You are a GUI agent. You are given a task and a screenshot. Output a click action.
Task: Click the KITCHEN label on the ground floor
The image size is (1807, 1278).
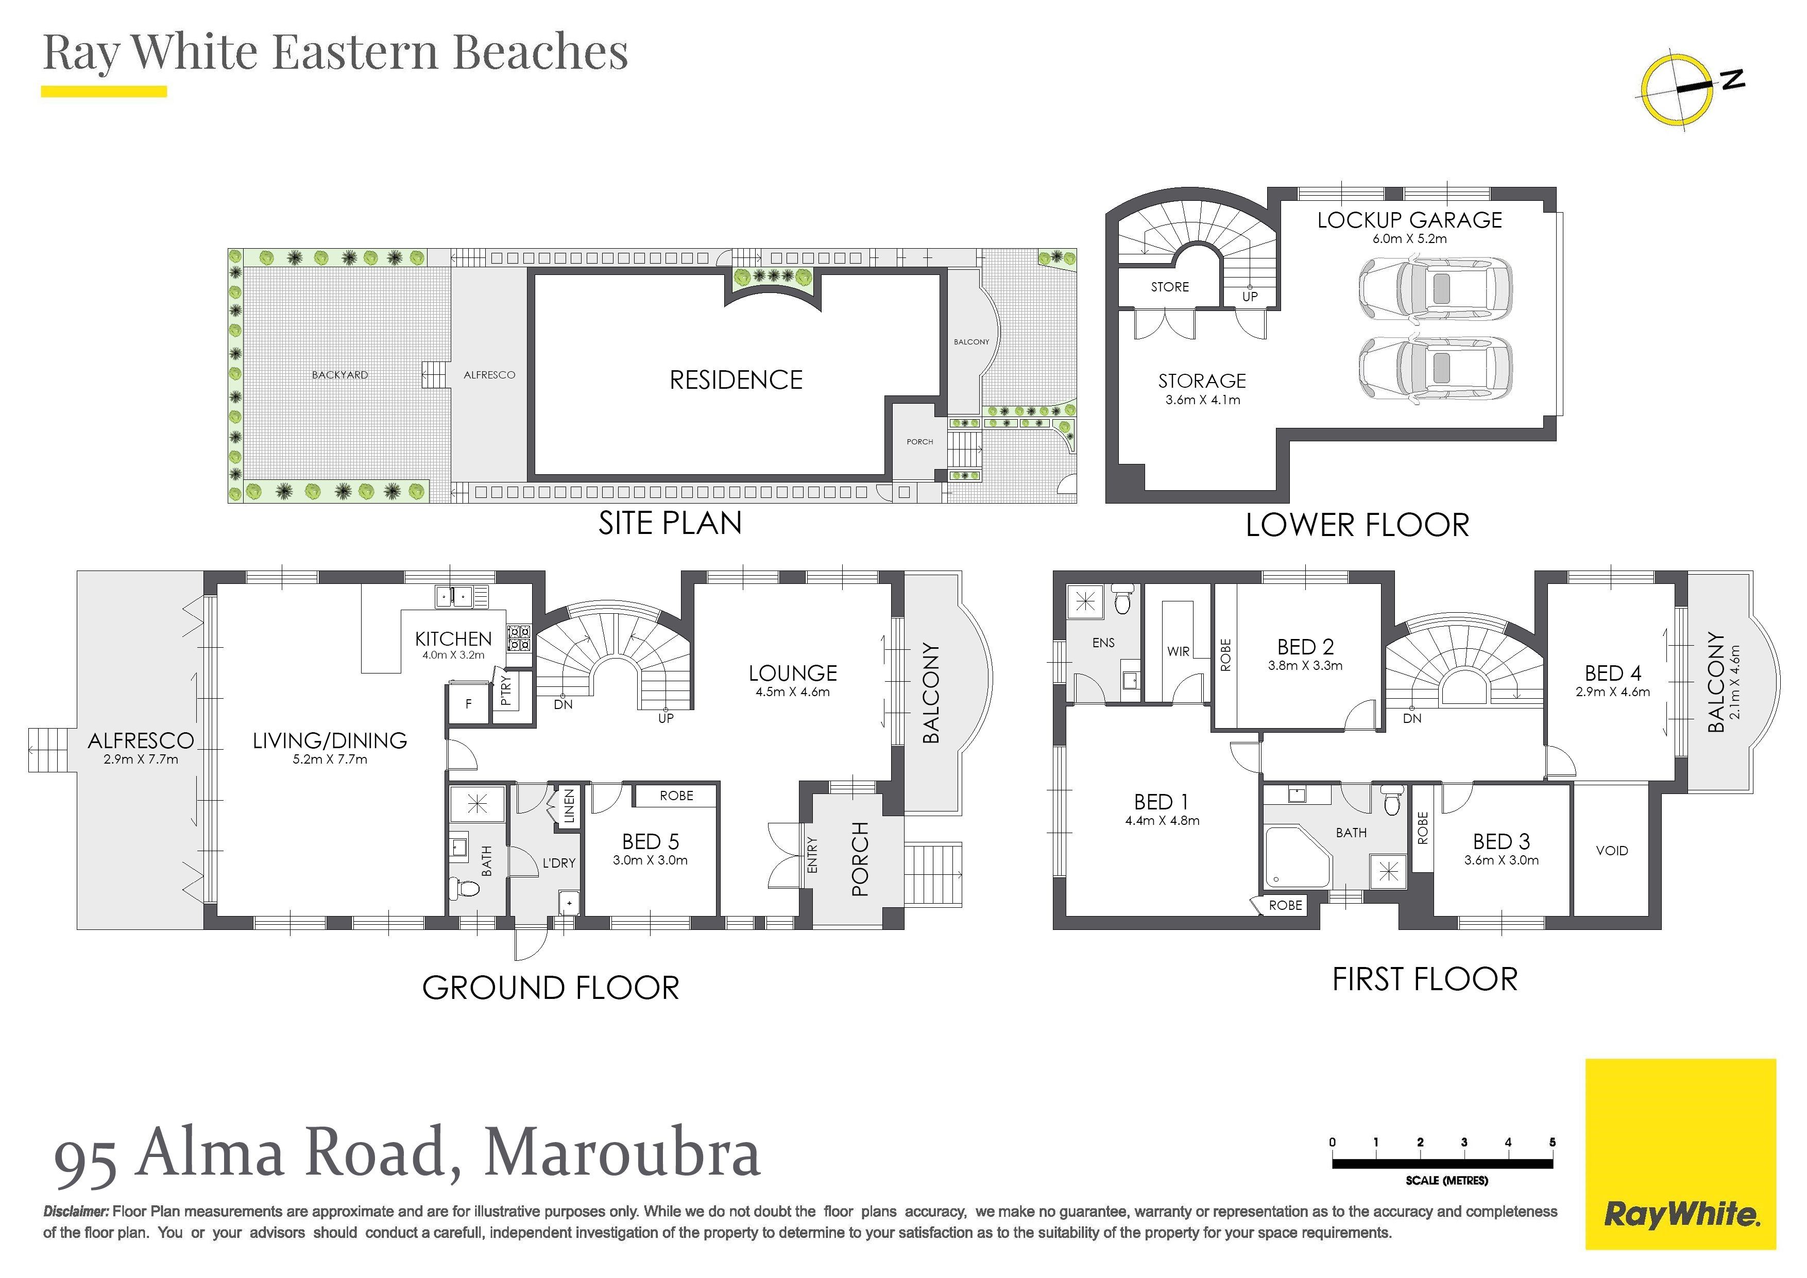pyautogui.click(x=453, y=639)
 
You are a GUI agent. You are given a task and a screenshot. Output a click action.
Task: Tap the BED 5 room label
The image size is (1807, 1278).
pyautogui.click(x=650, y=841)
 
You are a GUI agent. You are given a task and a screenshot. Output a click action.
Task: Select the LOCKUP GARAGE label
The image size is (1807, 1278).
pyautogui.click(x=1409, y=220)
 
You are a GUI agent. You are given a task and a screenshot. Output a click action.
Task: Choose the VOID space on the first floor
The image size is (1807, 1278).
pyautogui.click(x=1611, y=851)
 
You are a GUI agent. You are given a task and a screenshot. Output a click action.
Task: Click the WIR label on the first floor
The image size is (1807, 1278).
pyautogui.click(x=1178, y=651)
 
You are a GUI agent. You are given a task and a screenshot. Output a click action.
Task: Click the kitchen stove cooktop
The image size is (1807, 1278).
pyautogui.click(x=519, y=637)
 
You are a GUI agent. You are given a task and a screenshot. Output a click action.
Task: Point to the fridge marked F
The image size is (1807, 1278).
pyautogui.click(x=468, y=704)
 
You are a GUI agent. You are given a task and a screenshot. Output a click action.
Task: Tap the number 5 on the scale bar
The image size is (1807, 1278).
pyautogui.click(x=1552, y=1142)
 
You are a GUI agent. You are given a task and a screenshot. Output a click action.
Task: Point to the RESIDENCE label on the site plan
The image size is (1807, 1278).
pyautogui.click(x=736, y=380)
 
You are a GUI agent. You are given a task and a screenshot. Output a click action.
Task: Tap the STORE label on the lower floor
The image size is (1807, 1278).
pyautogui.click(x=1169, y=287)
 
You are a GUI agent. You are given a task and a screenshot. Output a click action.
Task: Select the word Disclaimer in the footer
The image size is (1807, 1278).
pyautogui.click(x=76, y=1212)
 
